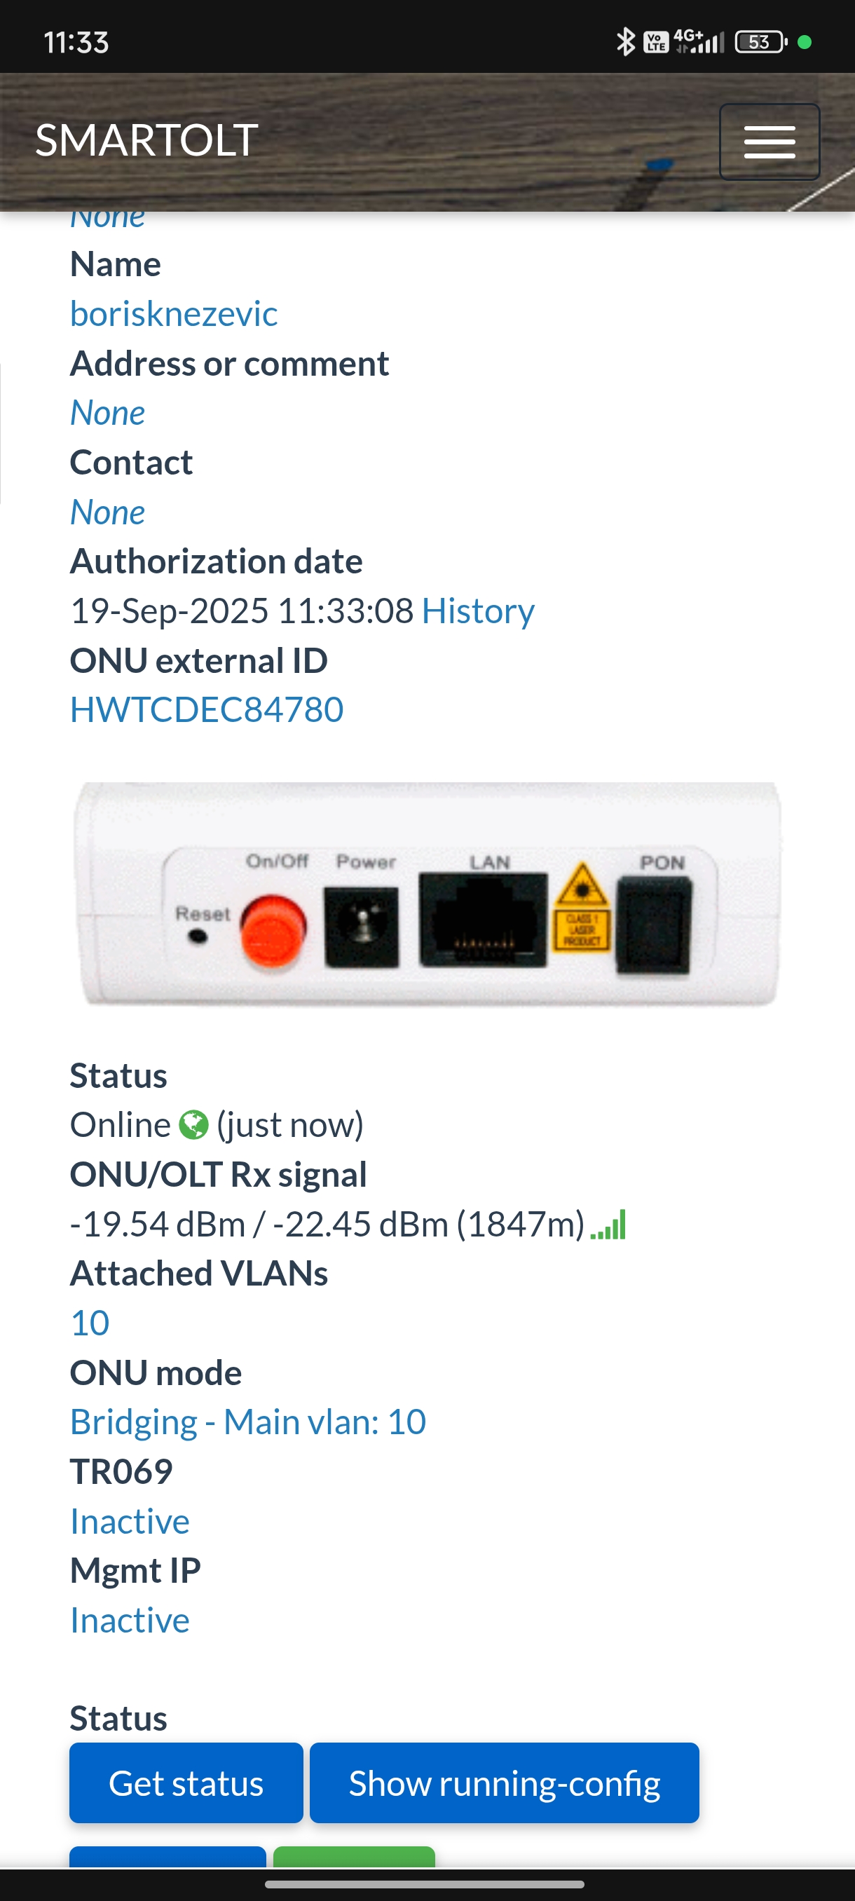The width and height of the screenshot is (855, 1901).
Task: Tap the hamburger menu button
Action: [769, 142]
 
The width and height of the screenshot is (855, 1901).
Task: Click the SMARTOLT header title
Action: [146, 140]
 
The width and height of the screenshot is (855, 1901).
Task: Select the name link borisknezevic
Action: [173, 313]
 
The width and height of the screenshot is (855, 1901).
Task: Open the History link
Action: [478, 611]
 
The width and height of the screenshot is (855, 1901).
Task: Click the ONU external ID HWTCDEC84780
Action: [207, 710]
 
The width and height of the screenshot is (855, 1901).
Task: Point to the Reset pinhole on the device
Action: [198, 937]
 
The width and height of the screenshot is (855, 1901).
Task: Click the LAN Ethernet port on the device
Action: [483, 920]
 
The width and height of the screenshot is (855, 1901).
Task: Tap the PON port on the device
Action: [655, 924]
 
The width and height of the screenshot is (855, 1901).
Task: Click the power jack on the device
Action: [362, 927]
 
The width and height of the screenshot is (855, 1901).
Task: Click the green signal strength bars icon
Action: [608, 1225]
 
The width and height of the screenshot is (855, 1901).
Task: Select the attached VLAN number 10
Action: [90, 1323]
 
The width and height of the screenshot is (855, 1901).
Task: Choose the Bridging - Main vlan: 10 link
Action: [248, 1422]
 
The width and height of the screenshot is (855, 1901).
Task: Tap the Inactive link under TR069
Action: [130, 1521]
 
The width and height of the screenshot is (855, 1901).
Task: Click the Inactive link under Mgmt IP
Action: [130, 1621]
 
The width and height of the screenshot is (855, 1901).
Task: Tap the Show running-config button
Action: [504, 1783]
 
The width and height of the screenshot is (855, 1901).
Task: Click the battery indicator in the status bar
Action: [760, 42]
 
